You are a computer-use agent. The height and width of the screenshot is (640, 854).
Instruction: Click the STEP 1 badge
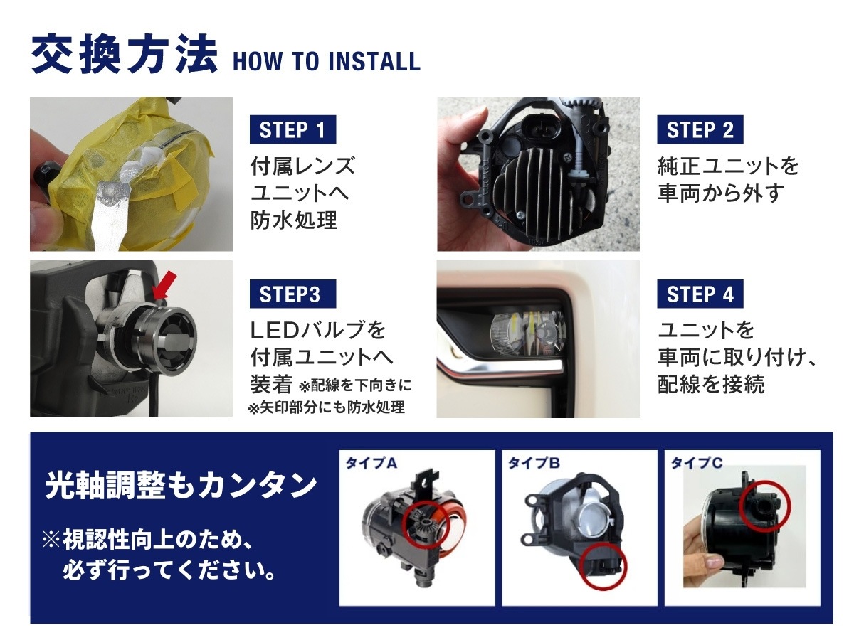coord(292,129)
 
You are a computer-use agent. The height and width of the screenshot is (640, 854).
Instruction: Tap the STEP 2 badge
coord(700,129)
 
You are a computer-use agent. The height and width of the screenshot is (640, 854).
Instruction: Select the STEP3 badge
coord(292,294)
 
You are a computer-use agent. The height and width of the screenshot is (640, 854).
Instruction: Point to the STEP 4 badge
coord(700,294)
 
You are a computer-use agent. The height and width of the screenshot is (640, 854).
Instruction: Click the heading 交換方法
coord(125,55)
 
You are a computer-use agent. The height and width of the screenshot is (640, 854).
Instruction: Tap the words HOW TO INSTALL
coord(327,61)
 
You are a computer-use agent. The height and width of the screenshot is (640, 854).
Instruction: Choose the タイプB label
coord(534,463)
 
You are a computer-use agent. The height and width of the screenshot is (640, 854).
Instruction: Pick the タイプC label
coord(697,463)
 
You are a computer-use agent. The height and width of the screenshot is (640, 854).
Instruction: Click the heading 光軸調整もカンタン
coord(181,486)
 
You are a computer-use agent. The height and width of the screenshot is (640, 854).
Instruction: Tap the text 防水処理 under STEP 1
coord(293,220)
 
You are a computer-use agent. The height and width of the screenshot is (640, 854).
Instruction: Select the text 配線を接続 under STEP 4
coord(711,384)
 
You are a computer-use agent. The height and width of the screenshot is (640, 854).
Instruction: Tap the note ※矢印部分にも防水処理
coord(327,407)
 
